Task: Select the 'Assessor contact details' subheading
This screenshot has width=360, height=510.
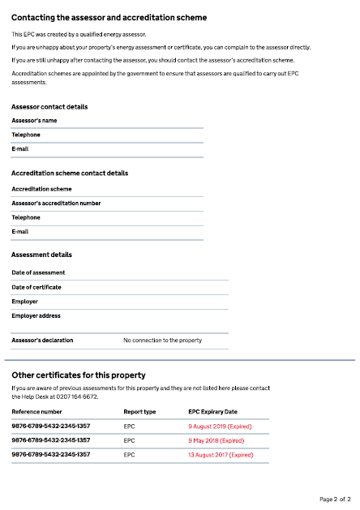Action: point(49,107)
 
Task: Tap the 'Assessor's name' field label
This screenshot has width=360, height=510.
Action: point(35,120)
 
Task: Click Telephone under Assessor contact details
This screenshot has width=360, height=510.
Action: point(26,135)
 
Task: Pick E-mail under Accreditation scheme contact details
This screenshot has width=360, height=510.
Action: point(20,232)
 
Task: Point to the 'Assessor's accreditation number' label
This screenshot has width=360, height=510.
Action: point(56,203)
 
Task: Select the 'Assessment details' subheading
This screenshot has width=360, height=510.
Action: point(41,255)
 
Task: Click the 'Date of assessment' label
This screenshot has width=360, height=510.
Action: point(38,272)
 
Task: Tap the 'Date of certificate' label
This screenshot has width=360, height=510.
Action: point(36,287)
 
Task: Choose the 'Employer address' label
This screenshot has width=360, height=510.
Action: point(36,316)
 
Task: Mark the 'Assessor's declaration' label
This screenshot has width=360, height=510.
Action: point(42,341)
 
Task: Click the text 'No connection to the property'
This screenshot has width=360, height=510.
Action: point(162,341)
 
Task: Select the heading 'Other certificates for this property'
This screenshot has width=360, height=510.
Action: point(78,375)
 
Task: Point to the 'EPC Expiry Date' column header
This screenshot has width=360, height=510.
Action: point(213,412)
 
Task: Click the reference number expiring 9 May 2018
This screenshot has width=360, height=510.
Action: point(50,440)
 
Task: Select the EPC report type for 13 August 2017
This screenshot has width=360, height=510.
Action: point(129,455)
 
